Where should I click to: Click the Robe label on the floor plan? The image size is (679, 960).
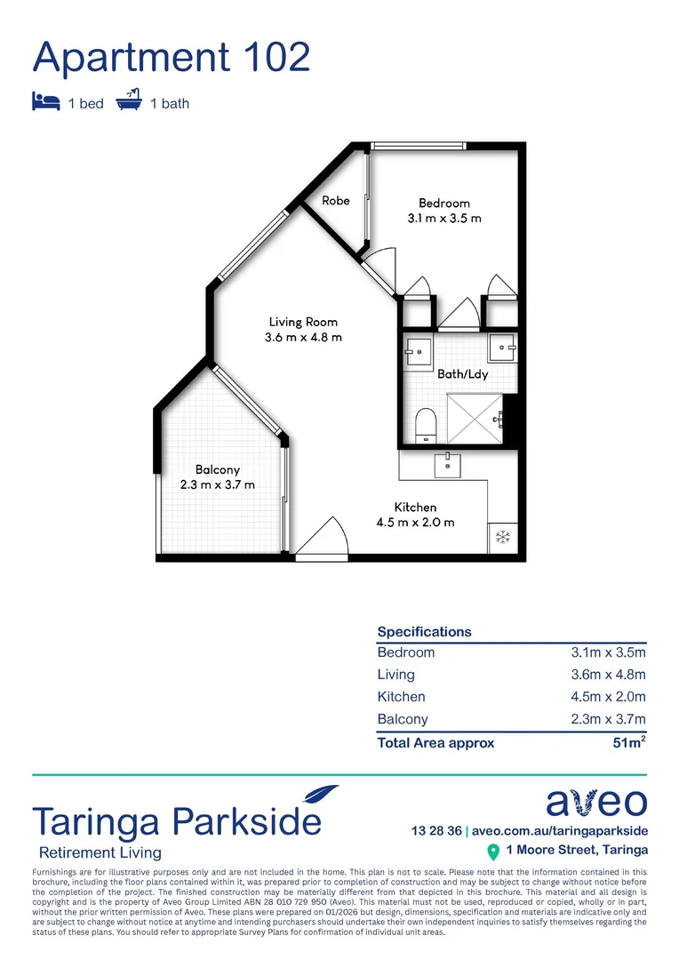(x=335, y=201)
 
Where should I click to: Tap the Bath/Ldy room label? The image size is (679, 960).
(x=462, y=374)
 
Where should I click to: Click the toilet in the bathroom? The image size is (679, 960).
(x=425, y=423)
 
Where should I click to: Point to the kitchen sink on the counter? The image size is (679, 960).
(x=447, y=461)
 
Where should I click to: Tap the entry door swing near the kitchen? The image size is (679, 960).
(x=322, y=539)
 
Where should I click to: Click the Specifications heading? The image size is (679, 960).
(x=424, y=632)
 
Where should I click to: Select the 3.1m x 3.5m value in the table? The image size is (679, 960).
(x=608, y=652)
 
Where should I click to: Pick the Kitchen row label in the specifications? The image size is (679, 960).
(x=401, y=697)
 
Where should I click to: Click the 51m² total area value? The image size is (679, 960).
(x=628, y=742)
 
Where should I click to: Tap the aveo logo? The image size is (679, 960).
(x=596, y=803)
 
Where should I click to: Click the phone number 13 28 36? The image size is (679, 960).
(x=436, y=831)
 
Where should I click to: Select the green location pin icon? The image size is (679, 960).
(x=493, y=852)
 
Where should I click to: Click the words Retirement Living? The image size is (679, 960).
(x=97, y=852)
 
